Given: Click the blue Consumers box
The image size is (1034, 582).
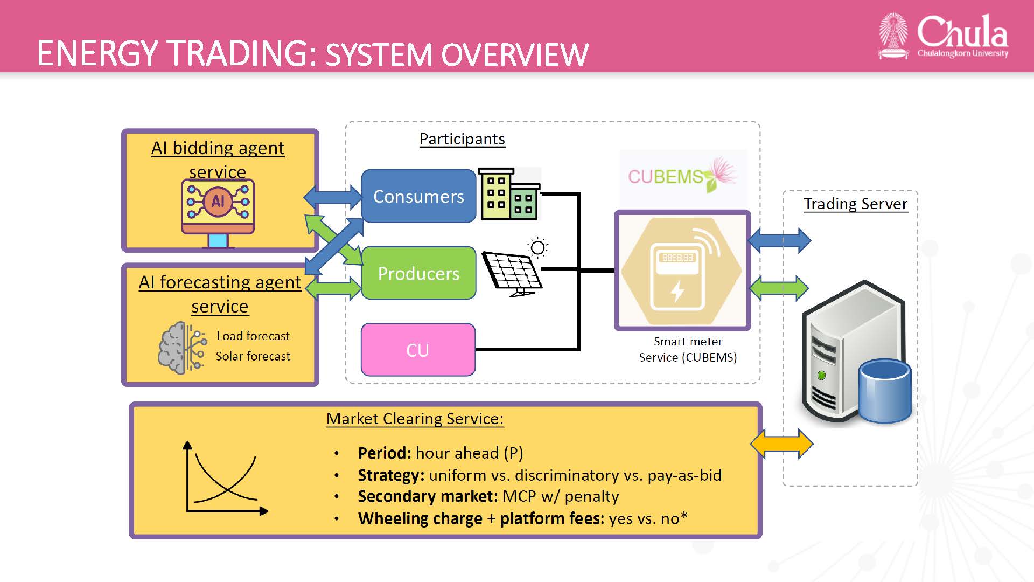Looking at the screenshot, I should [418, 196].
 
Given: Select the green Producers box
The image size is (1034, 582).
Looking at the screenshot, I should [418, 273].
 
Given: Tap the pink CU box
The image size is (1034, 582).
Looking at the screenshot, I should [418, 350].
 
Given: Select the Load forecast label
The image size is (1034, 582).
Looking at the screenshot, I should [253, 336].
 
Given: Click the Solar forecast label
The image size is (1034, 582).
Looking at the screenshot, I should [253, 356].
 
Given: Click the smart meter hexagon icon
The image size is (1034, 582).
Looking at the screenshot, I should [682, 271].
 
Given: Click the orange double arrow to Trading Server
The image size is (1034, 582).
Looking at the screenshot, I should [781, 444].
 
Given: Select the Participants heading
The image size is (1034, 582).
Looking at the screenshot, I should [462, 139].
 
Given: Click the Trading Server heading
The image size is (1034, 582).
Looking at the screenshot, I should [855, 204].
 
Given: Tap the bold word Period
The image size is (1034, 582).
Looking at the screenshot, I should [384, 453].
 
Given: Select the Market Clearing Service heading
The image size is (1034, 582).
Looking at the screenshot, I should [415, 419].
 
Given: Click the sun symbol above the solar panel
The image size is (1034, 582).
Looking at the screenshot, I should [537, 248].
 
